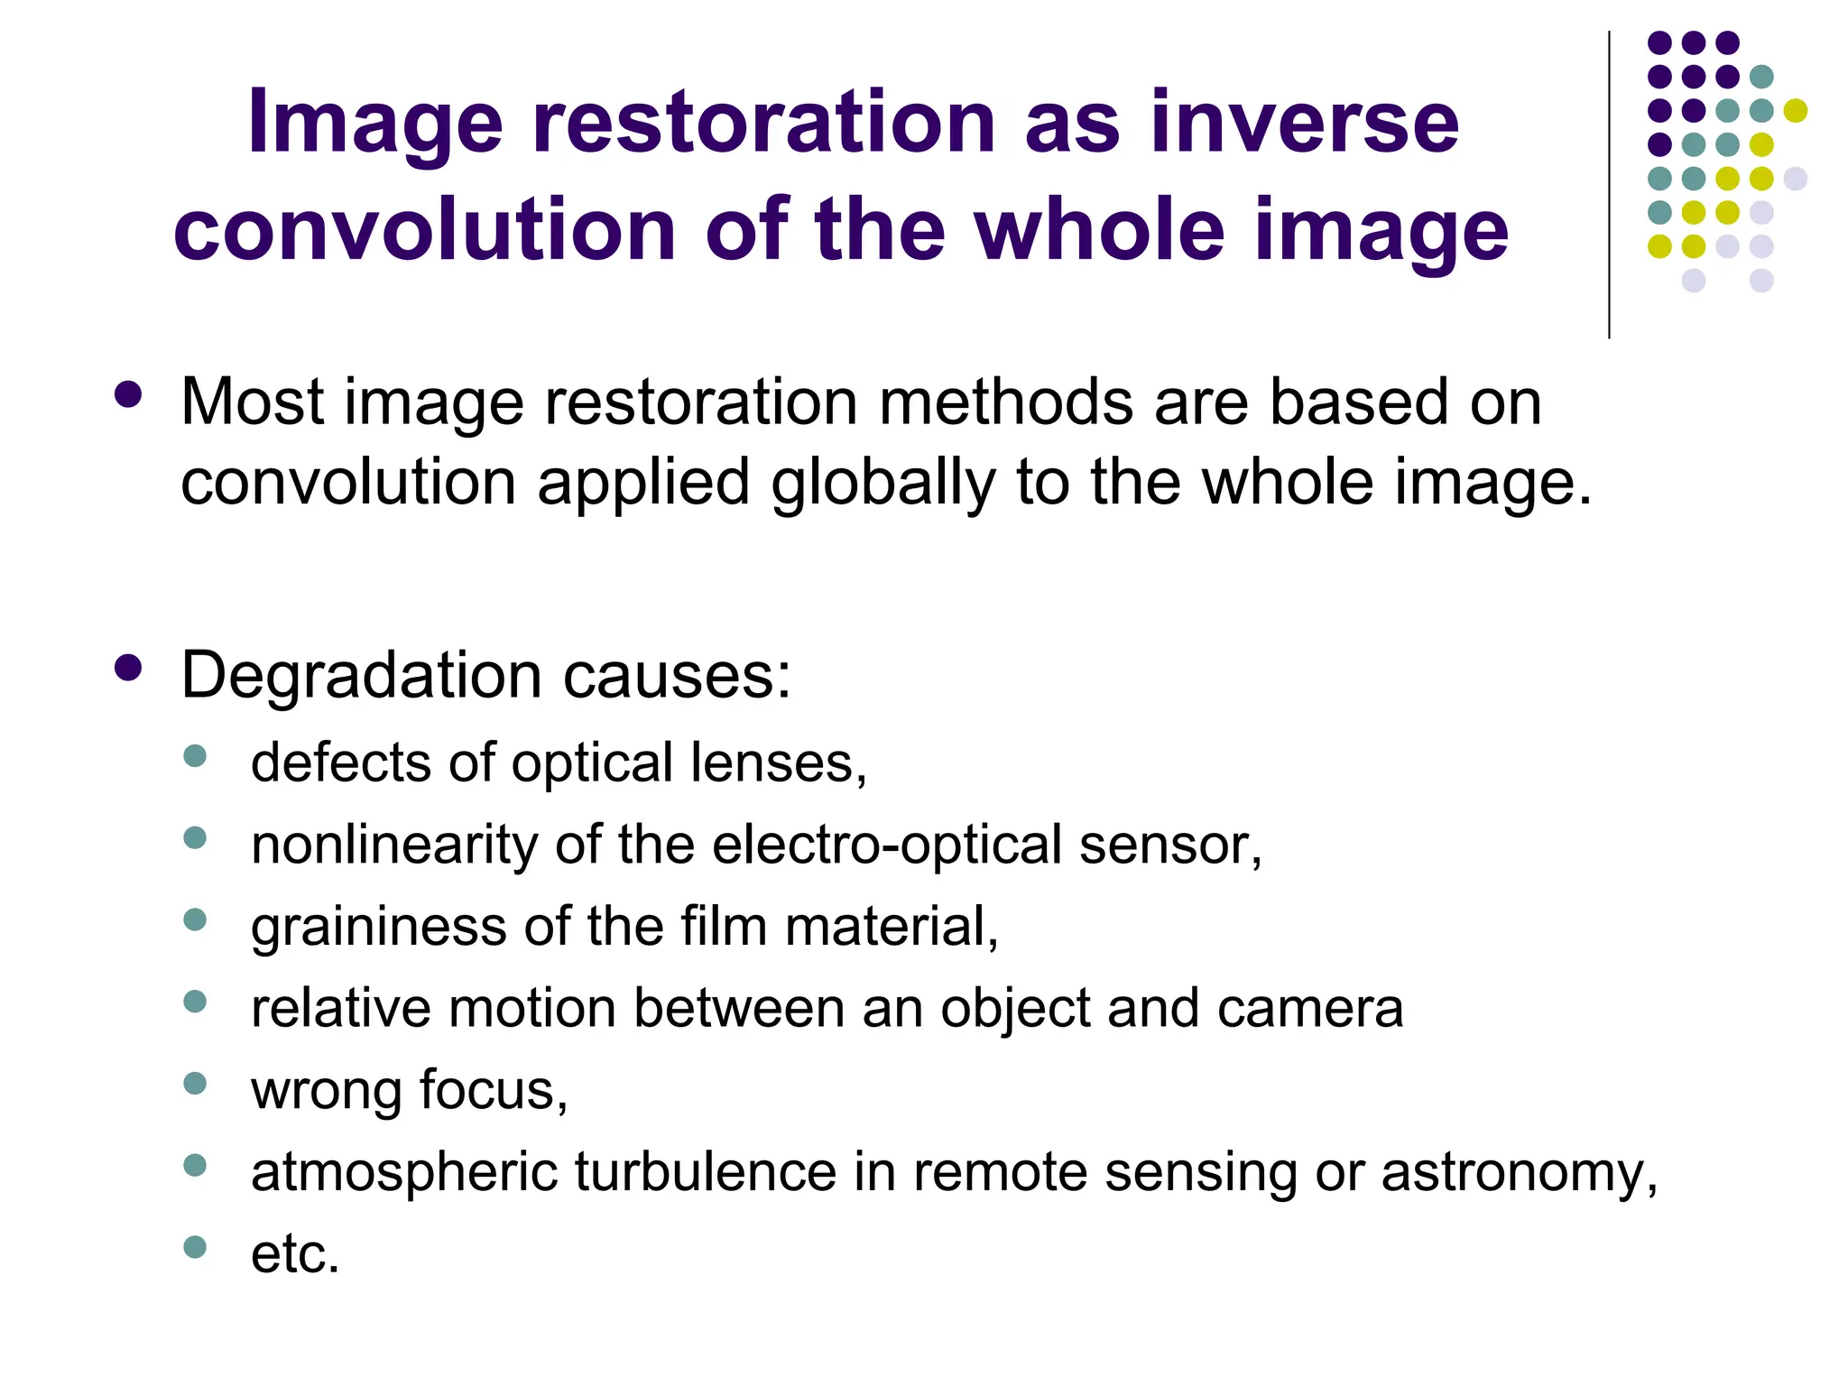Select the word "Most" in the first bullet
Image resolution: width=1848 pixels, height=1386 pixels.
[253, 402]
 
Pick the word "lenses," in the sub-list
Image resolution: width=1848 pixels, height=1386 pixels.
[778, 763]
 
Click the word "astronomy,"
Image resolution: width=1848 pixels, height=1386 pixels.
[1519, 1172]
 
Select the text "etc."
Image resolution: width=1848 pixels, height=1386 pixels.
[295, 1254]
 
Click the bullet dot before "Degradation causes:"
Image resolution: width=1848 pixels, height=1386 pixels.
[129, 668]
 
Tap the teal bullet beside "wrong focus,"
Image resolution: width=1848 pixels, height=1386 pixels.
[195, 1083]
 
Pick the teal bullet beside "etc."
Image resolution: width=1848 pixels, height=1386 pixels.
[195, 1247]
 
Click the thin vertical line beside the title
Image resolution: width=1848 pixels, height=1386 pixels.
[1609, 185]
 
